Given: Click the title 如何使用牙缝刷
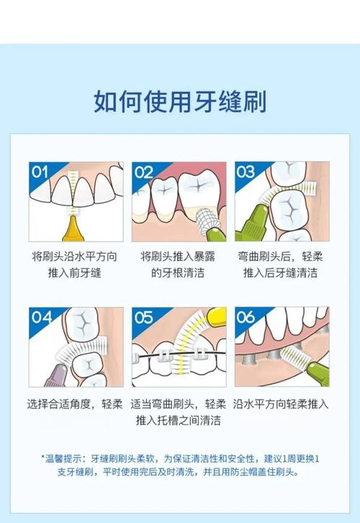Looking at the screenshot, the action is pyautogui.click(x=180, y=101).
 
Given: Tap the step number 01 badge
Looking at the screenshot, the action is pyautogui.click(x=40, y=172).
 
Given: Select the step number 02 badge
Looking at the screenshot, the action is pyautogui.click(x=144, y=172).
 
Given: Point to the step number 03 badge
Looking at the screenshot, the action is pyautogui.click(x=246, y=171).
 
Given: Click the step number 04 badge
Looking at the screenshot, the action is pyautogui.click(x=42, y=317).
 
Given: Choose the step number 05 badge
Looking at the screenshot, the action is pyautogui.click(x=144, y=318).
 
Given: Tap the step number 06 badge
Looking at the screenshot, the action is pyautogui.click(x=246, y=317).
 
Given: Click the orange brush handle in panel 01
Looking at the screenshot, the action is pyautogui.click(x=74, y=229).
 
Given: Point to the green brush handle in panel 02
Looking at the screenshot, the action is pyautogui.click(x=216, y=233).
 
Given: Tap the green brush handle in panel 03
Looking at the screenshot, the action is pyautogui.click(x=252, y=223).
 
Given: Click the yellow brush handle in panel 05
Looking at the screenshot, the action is pyautogui.click(x=217, y=316).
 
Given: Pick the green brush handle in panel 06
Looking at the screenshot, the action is pyautogui.click(x=318, y=374).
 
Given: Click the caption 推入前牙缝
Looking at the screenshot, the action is pyautogui.click(x=74, y=273).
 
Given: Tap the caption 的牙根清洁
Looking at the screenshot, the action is pyautogui.click(x=178, y=273).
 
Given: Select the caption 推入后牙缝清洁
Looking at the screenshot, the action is pyautogui.click(x=280, y=273).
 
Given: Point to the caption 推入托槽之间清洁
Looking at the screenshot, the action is pyautogui.click(x=179, y=420).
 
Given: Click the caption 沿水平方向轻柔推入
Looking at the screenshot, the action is pyautogui.click(x=281, y=404).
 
